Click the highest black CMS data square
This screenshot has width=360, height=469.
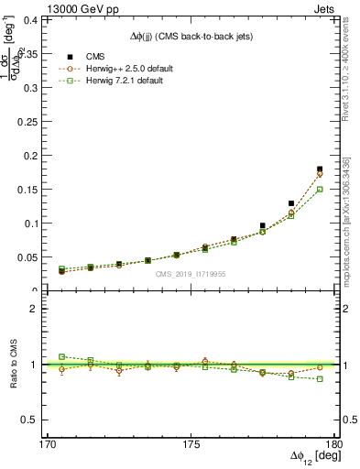point(320,169)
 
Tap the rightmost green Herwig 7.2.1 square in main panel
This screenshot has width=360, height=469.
point(320,189)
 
